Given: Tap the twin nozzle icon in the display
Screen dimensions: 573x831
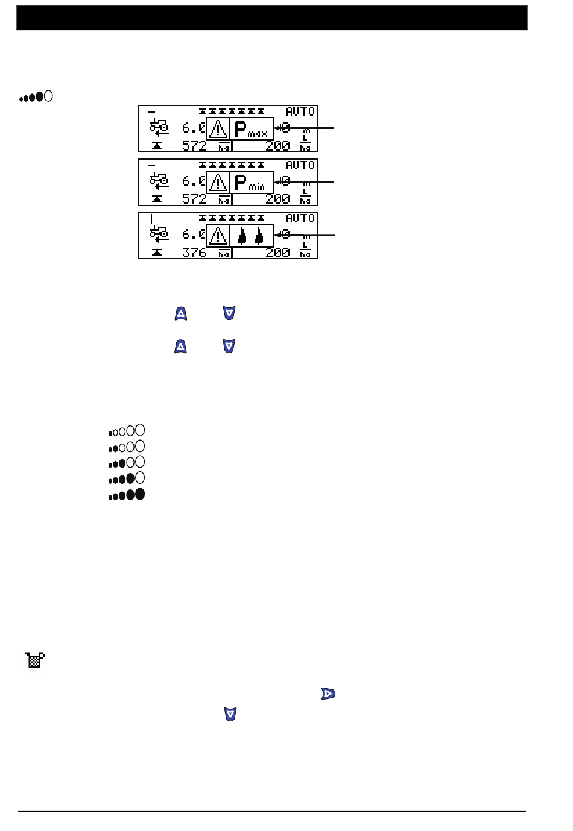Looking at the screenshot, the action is tap(251, 235).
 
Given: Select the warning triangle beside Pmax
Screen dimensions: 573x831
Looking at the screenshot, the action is tap(218, 129).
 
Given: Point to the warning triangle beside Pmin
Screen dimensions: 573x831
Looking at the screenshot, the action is tap(218, 182).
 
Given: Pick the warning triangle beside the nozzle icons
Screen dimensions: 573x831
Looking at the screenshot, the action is tap(218, 235).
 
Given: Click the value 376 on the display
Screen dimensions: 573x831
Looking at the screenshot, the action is tap(194, 252).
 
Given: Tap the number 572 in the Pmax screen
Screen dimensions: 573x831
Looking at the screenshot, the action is tap(194, 146).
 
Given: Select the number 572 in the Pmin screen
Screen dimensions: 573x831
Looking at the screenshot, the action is tap(194, 199).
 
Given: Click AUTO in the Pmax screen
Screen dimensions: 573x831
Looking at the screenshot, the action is tap(300, 111).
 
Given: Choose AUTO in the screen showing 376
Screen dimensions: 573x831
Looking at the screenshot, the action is tap(300, 218).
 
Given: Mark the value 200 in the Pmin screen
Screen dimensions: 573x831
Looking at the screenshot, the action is tap(277, 199).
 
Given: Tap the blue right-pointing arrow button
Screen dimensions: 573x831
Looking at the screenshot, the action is tap(328, 694).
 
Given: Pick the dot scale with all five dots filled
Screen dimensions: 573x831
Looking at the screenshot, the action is tap(127, 495).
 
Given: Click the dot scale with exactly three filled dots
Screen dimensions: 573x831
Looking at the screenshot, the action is tap(127, 463).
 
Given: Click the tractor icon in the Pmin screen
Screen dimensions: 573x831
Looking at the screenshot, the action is tap(159, 180).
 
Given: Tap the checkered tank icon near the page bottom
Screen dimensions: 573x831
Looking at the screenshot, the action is tap(35, 660).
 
